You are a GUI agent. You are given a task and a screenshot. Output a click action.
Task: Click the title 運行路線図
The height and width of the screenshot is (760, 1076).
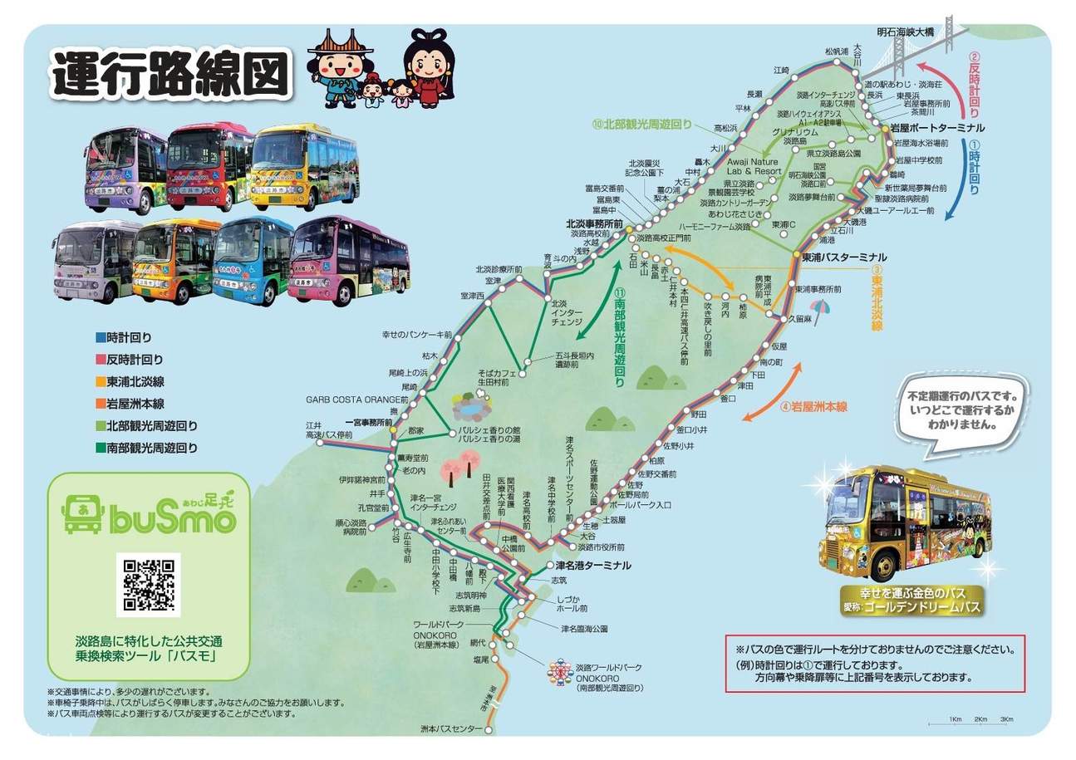point(170,75)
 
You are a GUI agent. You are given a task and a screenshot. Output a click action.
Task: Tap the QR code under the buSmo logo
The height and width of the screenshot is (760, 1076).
point(149,584)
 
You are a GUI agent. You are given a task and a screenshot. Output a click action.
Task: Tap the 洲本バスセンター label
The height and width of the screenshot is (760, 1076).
point(451,728)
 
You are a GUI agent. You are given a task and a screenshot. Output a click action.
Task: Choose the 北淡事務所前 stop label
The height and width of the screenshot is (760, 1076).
point(595,223)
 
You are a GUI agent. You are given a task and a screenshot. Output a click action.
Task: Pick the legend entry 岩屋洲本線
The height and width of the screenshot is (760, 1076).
point(135,404)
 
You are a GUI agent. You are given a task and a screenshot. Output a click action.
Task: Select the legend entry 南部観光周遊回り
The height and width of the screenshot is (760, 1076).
point(152,448)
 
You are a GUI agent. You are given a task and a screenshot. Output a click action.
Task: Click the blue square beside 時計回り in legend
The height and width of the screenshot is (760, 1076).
point(101,338)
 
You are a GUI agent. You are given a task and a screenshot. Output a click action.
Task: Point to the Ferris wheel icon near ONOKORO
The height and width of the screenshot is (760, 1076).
point(556,671)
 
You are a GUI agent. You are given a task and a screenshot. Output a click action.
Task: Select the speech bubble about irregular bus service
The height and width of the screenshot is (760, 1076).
point(962,407)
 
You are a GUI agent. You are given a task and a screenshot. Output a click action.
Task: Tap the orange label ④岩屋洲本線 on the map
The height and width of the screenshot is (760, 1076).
point(813,407)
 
